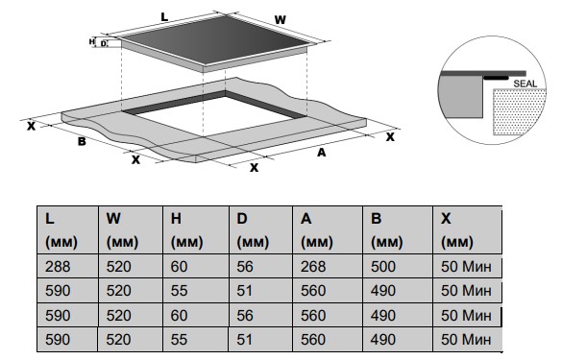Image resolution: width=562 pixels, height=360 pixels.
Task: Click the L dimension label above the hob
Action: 164,17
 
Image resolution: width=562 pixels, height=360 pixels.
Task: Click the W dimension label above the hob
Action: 281,19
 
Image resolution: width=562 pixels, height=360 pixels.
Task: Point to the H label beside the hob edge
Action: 92,41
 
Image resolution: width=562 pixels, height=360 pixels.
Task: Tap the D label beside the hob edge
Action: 103,44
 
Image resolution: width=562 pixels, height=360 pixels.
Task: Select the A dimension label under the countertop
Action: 322,153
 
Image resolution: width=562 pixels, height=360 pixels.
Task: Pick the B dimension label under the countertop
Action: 82,141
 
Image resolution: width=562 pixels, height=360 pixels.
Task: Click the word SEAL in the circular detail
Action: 525,84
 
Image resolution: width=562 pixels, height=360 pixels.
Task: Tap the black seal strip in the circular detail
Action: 496,78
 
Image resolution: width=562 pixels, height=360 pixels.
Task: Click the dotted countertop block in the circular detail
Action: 518,111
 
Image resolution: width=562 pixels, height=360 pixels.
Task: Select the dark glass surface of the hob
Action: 216,38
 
